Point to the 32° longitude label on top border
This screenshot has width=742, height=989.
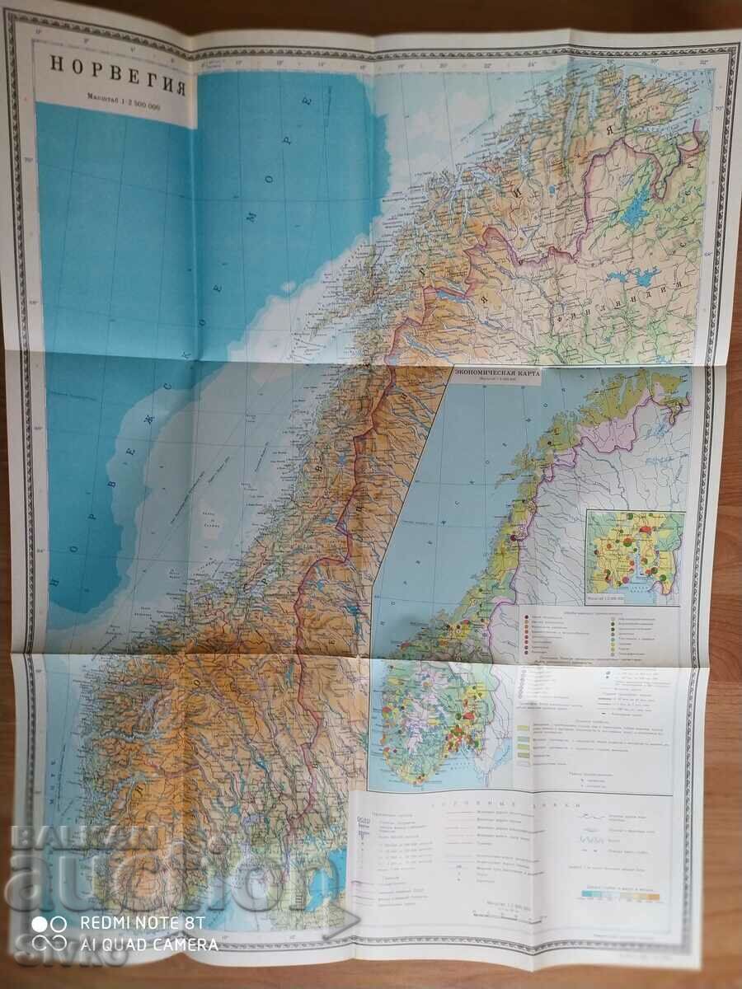703,60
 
